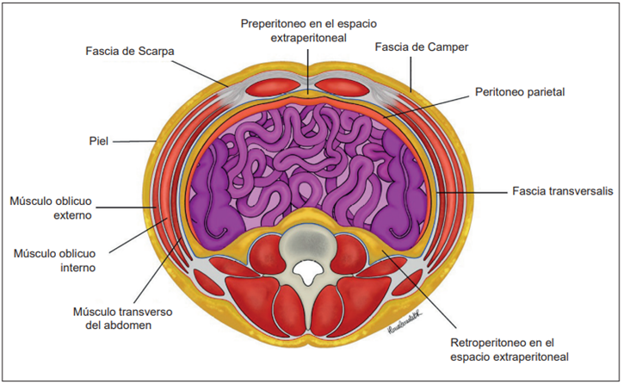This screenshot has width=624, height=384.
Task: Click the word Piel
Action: coord(98,140)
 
